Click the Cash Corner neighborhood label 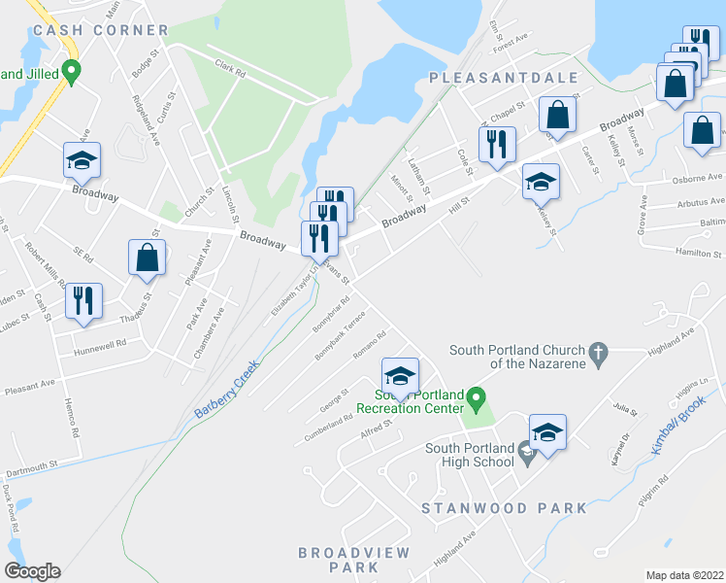(x=100, y=30)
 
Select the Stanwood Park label (x=504, y=508)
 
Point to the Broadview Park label (x=340, y=559)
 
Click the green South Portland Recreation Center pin (x=476, y=397)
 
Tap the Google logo (x=32, y=571)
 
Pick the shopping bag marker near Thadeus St (x=147, y=258)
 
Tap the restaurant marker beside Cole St (x=497, y=144)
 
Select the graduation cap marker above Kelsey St (x=542, y=181)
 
